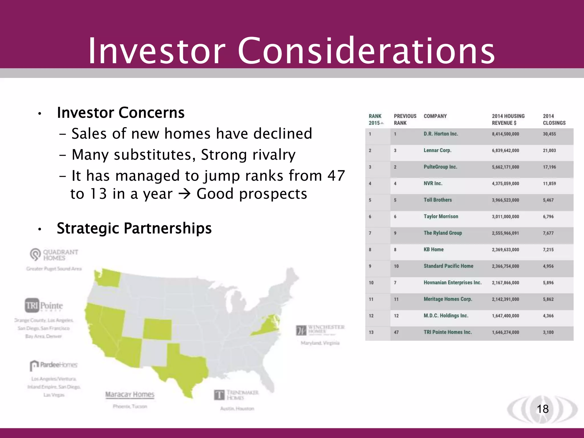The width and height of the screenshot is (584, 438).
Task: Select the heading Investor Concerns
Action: (x=121, y=112)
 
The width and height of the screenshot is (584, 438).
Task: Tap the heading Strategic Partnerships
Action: (x=134, y=228)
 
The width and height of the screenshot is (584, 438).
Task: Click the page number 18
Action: (x=542, y=409)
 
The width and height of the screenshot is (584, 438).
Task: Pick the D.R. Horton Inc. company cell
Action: (x=441, y=134)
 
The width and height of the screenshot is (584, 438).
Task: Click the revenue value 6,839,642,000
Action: (x=505, y=151)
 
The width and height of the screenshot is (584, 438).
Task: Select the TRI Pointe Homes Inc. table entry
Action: (x=447, y=332)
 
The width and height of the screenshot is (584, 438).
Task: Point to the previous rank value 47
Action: (x=396, y=332)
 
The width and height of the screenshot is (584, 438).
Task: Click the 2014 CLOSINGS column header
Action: (x=554, y=119)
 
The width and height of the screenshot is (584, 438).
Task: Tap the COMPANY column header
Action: (x=435, y=116)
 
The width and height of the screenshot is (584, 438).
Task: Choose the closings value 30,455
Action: (x=549, y=134)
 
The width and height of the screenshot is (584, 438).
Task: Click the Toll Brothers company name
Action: (x=437, y=200)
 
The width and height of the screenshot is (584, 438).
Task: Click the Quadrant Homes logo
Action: (x=54, y=255)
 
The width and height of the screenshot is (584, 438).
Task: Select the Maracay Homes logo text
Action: (x=130, y=394)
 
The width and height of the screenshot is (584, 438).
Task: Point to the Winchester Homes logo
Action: (x=320, y=330)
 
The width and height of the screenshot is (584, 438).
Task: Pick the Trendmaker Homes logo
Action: (x=236, y=395)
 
